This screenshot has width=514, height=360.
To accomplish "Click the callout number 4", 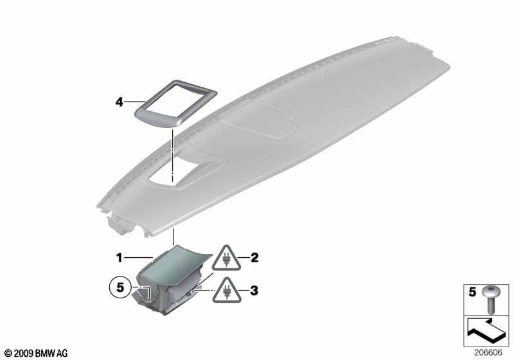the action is coord(119,102).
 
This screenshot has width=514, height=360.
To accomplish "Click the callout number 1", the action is coord(120,258).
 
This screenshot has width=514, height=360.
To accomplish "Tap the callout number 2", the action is coord(254,258).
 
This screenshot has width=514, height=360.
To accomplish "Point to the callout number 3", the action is coord(254,291).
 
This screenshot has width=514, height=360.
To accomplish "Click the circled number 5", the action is coord(120,287).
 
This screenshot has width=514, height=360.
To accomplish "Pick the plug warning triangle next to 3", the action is coord(227,291).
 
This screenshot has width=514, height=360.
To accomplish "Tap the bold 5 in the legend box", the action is coord(472,292).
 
